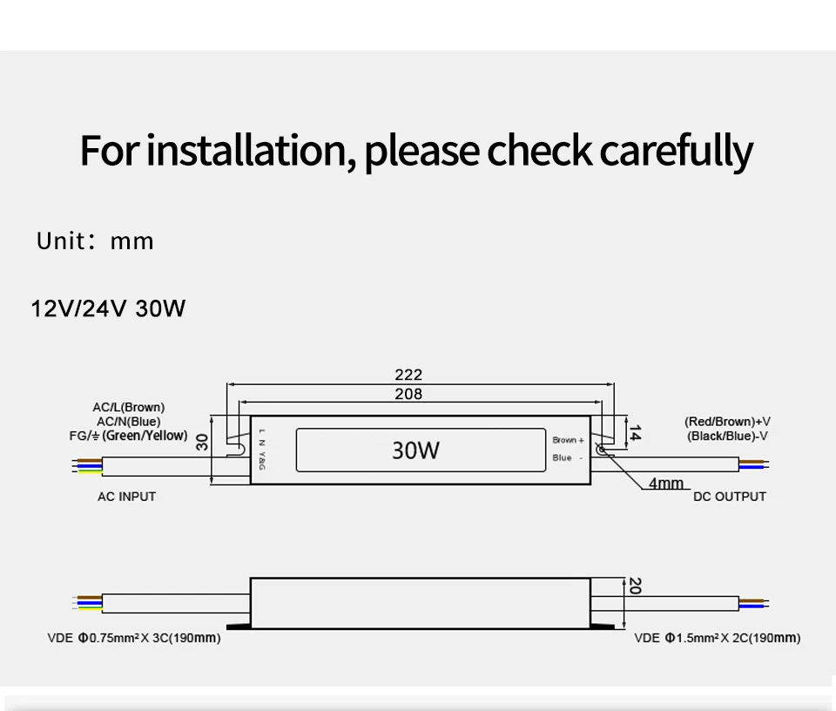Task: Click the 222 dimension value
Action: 408,375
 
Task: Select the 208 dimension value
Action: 408,395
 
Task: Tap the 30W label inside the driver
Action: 415,450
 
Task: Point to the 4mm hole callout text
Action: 666,483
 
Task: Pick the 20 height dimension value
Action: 634,586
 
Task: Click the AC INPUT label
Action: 126,497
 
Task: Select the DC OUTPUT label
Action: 730,497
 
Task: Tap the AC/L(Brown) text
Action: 128,407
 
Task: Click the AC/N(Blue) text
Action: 128,421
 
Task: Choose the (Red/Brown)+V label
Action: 726,422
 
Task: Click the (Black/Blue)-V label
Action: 727,436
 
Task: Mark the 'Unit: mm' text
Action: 95,241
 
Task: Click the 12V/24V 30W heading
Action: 108,308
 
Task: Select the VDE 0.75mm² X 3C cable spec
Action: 133,639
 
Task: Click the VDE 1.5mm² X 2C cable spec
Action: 717,639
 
